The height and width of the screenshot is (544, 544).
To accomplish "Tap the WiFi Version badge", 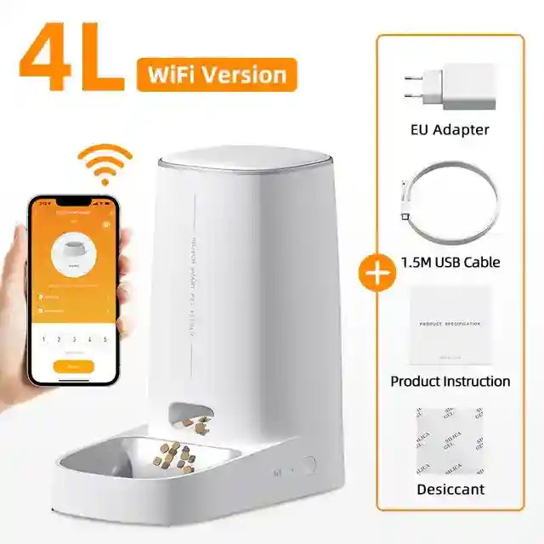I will [x=217, y=75].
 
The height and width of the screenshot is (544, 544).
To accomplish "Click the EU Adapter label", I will [x=450, y=130].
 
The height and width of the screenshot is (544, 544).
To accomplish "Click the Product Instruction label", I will [x=450, y=381].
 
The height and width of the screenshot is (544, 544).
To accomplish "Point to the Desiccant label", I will [x=450, y=490].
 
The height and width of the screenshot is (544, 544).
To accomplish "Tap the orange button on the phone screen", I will [x=73, y=366].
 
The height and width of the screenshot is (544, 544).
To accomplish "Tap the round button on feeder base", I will [x=305, y=466].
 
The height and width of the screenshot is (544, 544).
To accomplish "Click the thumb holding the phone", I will [x=124, y=255].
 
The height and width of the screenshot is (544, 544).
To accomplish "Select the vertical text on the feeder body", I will [x=196, y=280].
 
